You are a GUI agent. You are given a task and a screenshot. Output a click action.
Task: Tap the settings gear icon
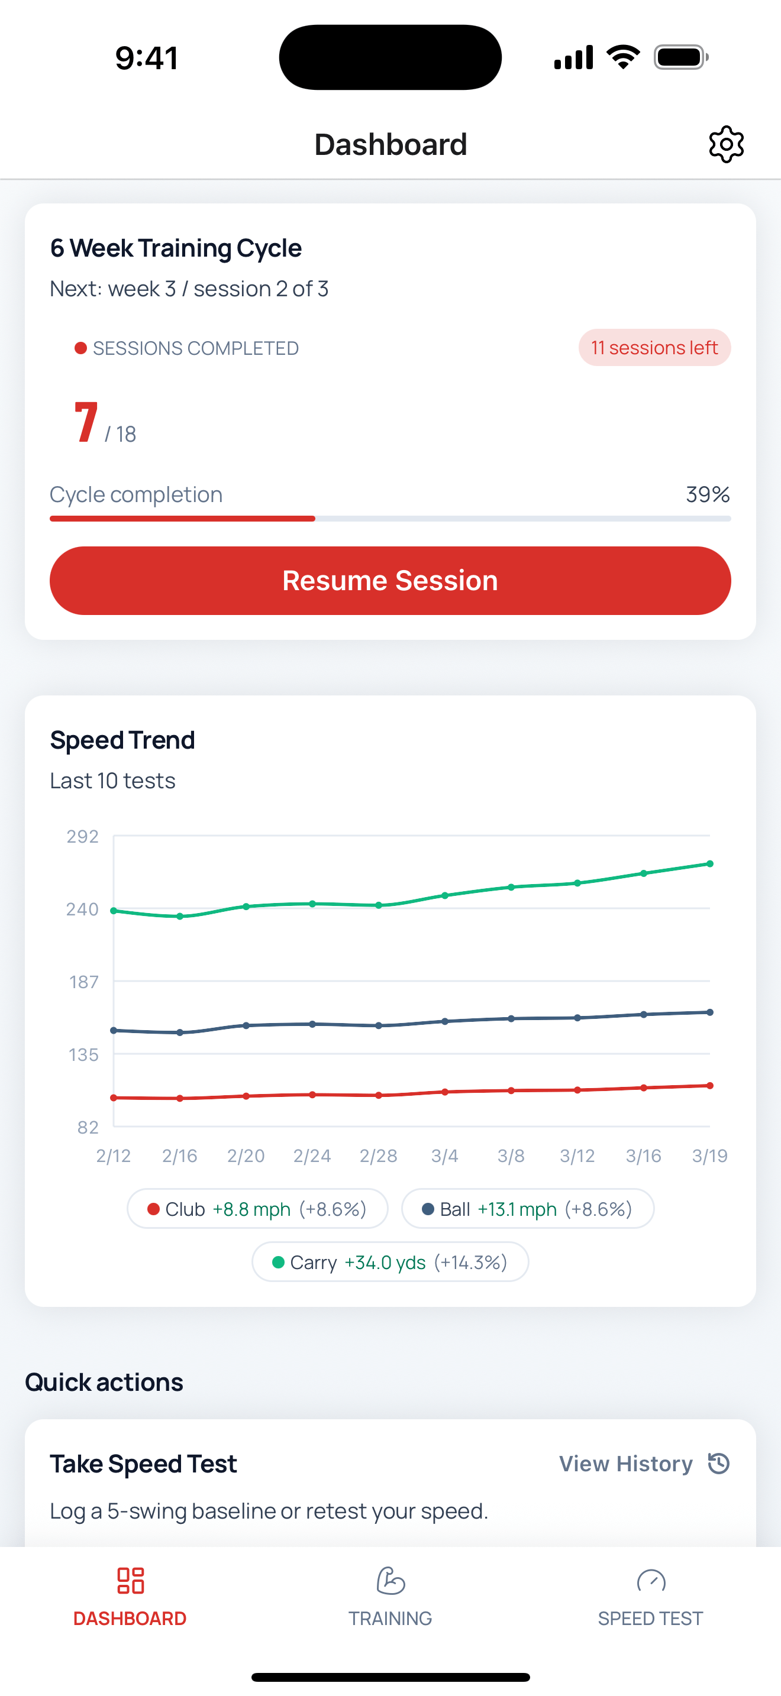[x=726, y=144]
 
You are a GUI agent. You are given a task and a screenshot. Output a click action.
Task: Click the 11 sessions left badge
[x=654, y=348]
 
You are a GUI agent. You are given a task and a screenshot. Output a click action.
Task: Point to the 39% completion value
[x=707, y=494]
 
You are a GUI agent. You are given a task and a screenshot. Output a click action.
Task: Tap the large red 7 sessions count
[x=86, y=422]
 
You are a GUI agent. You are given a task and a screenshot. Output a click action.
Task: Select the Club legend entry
[x=257, y=1209]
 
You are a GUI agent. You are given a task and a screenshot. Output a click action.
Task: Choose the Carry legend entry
[x=390, y=1262]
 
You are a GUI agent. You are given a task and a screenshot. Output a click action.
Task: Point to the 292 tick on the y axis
[x=82, y=836]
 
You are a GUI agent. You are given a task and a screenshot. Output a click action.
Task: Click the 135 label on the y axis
[x=83, y=1055]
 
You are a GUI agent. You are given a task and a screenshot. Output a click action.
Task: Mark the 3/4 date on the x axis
[x=444, y=1156]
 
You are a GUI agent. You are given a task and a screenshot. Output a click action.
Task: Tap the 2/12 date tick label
[x=113, y=1156]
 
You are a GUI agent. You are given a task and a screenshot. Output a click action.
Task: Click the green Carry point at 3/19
[x=710, y=864]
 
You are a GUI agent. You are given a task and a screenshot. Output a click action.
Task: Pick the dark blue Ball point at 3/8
[x=511, y=1018]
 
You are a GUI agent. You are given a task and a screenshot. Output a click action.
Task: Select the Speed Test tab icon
[x=651, y=1581]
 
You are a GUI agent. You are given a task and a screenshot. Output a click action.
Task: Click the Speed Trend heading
[x=122, y=740]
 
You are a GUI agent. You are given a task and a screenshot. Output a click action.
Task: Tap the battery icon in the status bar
[x=681, y=57]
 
